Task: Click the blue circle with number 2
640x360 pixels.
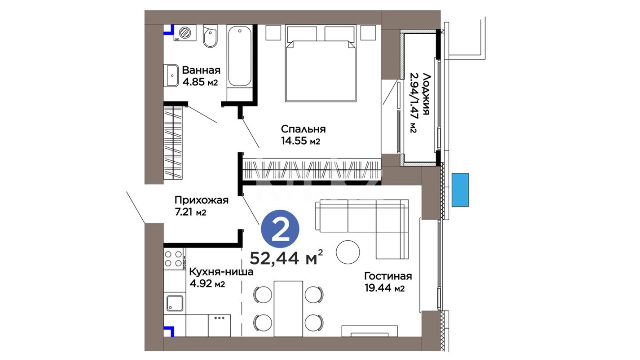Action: [280, 229]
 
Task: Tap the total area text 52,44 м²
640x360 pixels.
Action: [286, 257]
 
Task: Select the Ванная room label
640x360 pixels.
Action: [201, 70]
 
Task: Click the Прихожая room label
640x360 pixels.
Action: [201, 200]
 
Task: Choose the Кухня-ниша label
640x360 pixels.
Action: [221, 272]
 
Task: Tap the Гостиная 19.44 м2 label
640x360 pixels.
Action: [388, 282]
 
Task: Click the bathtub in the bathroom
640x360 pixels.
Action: [239, 57]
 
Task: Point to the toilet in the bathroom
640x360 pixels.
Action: [210, 36]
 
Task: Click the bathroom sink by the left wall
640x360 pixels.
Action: [171, 76]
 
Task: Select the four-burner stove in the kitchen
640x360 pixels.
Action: [174, 259]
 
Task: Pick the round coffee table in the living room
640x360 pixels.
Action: [348, 252]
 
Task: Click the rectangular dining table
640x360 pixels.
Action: [288, 309]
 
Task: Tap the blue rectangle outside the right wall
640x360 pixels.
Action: [460, 190]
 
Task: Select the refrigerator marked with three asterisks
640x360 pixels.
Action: [219, 325]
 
